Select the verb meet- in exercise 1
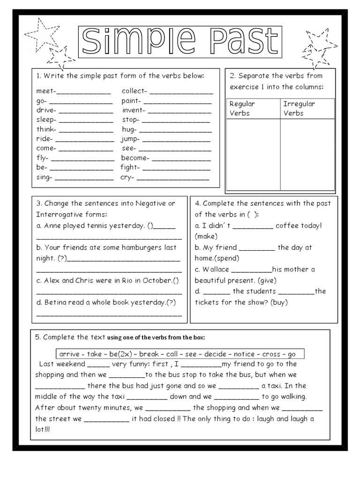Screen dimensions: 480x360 pos(45,91)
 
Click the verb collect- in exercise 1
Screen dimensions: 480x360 pos(134,91)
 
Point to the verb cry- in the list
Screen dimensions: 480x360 pos(127,177)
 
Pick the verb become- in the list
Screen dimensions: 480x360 pos(135,158)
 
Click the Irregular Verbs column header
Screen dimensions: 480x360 pos(299,108)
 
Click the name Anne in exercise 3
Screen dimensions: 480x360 pos(52,225)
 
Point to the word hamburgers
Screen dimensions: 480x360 pos(134,247)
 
